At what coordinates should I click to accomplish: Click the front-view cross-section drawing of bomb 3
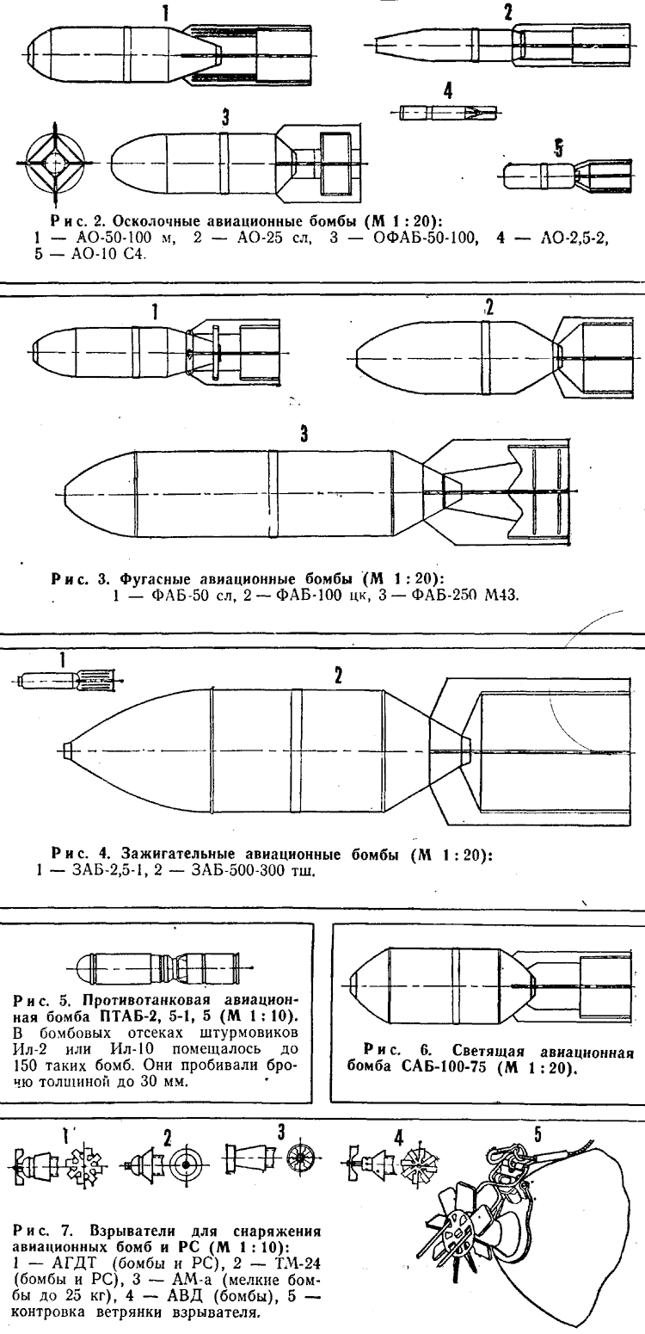pos(53,163)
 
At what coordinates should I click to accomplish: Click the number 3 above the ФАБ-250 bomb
pos(304,434)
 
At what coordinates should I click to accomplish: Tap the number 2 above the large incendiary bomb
pos(338,676)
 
